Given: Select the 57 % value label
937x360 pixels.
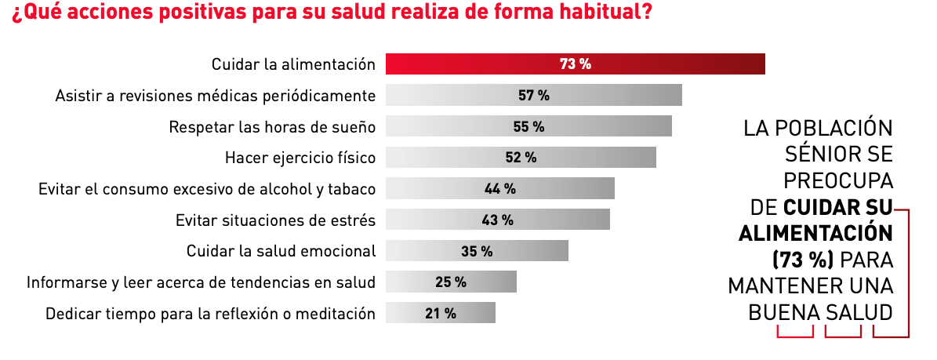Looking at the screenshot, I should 534,96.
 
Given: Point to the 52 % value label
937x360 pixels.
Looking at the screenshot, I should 521,158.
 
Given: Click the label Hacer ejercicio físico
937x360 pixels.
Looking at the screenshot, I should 300,158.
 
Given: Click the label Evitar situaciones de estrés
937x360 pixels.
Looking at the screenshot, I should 276,220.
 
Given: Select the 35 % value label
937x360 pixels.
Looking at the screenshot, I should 477,251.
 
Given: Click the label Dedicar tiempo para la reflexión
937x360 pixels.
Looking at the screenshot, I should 210,313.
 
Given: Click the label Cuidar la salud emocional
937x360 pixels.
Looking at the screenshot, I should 281,251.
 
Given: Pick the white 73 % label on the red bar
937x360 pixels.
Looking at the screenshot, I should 575,64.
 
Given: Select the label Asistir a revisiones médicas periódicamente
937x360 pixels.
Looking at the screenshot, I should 216,96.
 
